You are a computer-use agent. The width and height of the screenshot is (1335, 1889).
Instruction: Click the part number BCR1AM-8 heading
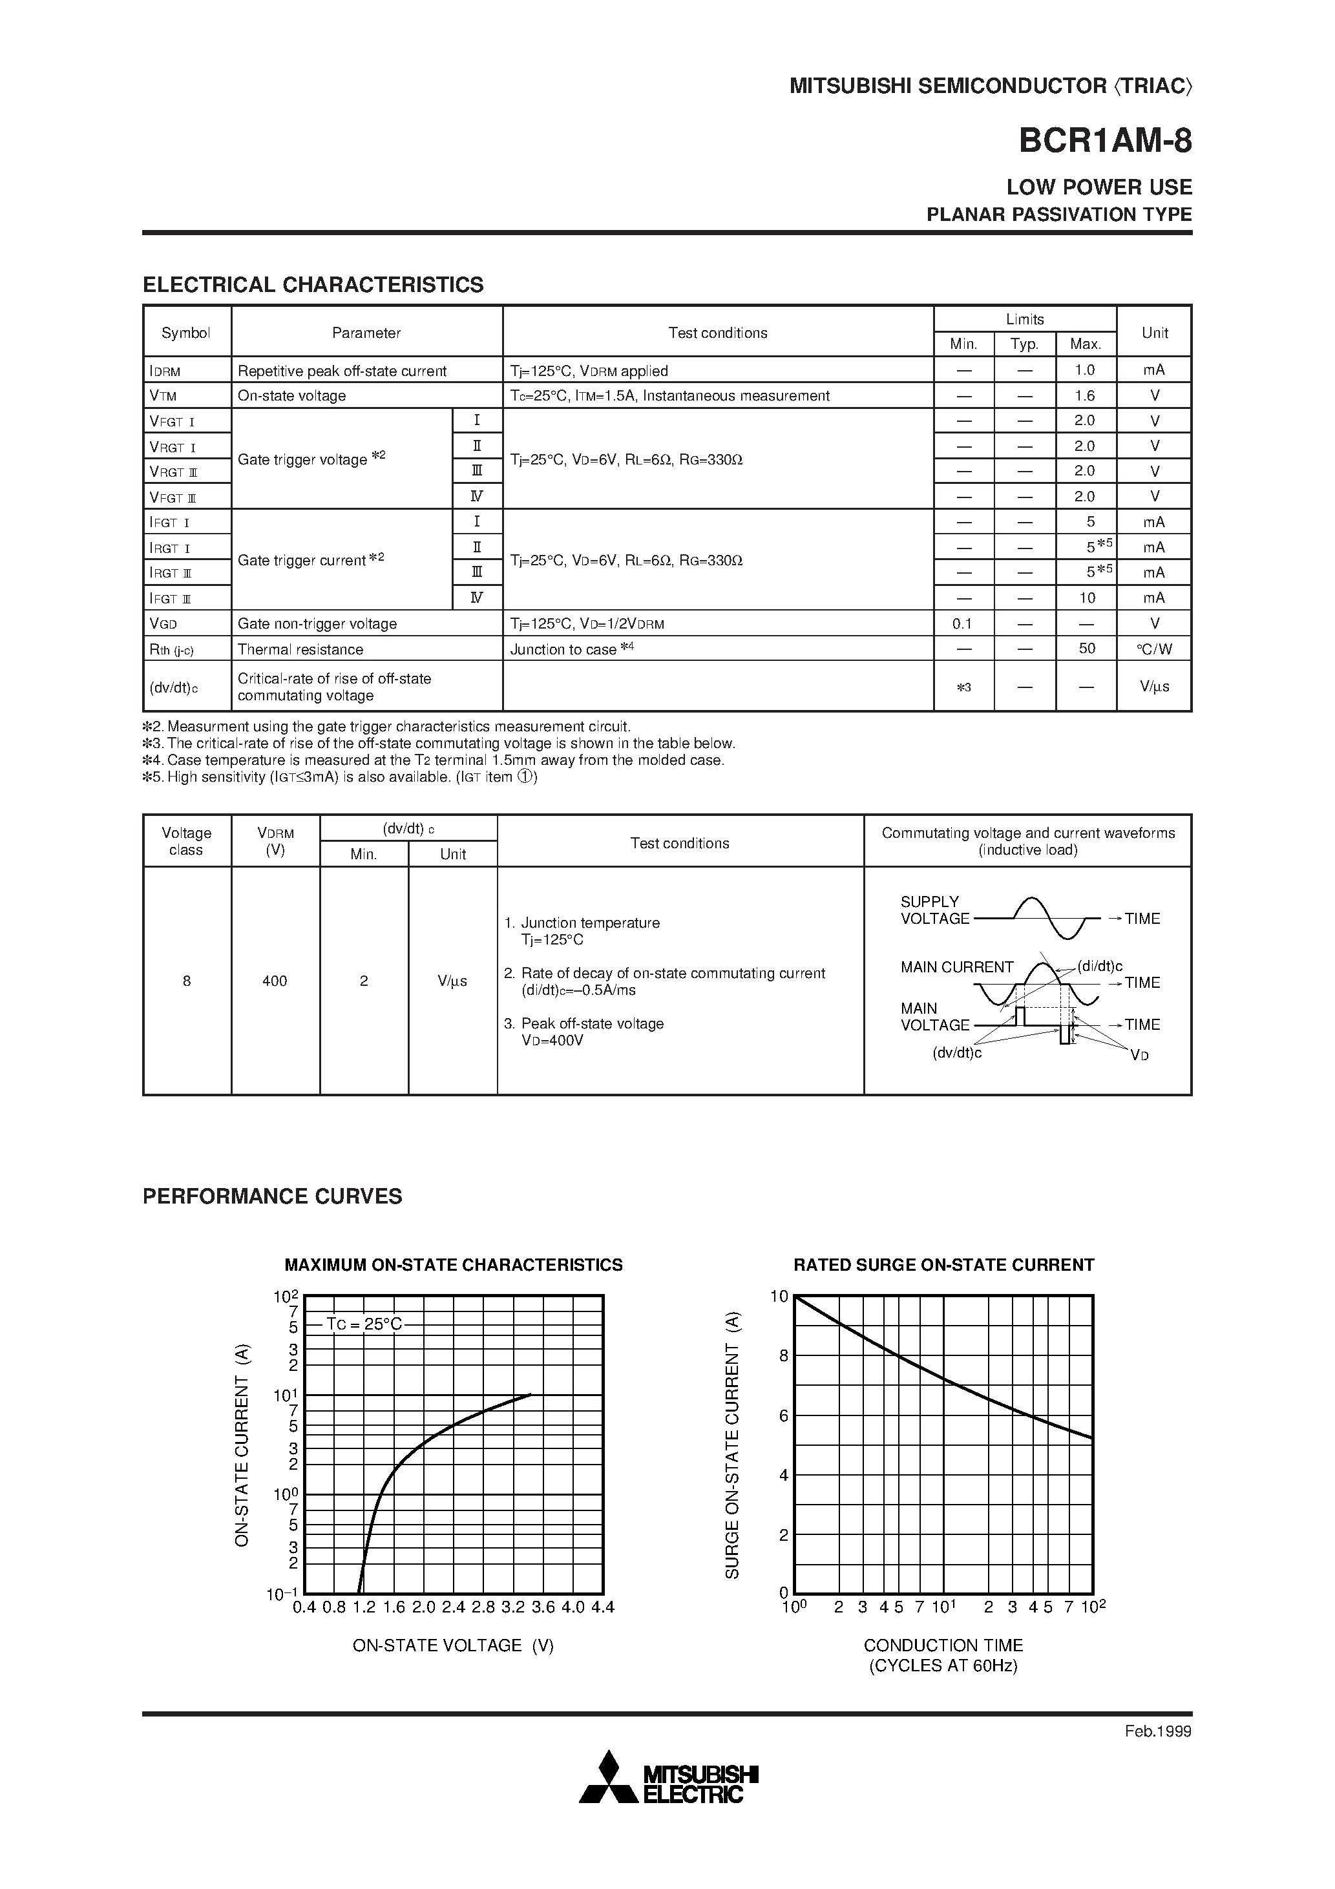click(x=1104, y=141)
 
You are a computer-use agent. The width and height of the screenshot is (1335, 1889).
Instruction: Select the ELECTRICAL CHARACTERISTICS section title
click(x=313, y=285)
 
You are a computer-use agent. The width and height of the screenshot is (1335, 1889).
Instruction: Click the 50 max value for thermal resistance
click(x=1086, y=649)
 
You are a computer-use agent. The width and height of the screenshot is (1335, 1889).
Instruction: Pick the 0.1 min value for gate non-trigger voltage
click(x=962, y=623)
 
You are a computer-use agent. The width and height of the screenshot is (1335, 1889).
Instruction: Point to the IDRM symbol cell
click(x=165, y=371)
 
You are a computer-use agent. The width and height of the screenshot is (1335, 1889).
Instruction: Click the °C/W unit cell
click(x=1154, y=649)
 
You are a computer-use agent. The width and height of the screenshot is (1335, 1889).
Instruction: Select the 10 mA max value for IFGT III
click(x=1086, y=598)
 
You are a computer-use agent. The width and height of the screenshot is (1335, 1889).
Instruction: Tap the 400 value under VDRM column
click(x=275, y=981)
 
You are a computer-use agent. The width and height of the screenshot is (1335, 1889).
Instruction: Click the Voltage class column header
click(x=187, y=841)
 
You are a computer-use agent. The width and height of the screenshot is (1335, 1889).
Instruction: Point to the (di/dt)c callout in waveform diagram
click(x=1100, y=966)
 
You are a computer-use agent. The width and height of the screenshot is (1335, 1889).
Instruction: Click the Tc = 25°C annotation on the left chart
click(x=364, y=1324)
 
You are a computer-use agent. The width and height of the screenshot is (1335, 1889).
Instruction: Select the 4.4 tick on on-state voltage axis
click(x=602, y=1607)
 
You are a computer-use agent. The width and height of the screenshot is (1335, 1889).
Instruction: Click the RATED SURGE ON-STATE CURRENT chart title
click(x=943, y=1264)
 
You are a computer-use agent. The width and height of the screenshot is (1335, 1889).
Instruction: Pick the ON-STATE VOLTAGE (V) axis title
click(x=453, y=1645)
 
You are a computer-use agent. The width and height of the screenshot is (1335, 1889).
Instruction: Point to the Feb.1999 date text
click(x=1157, y=1731)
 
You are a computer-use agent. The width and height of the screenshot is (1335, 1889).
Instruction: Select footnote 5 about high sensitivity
click(x=339, y=777)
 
